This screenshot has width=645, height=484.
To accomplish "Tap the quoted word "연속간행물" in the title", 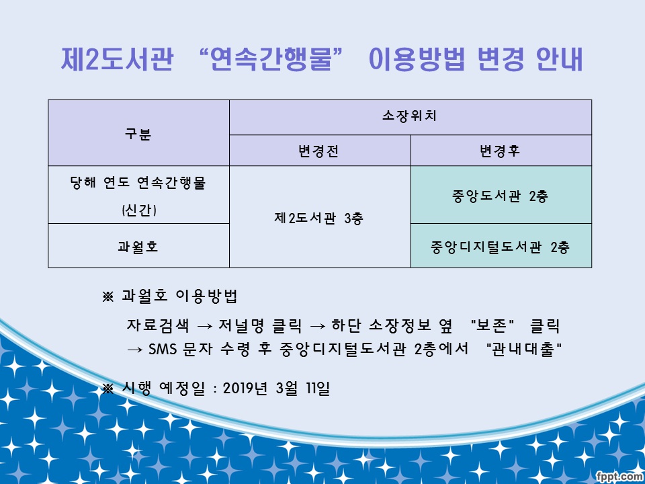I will tap(271, 61).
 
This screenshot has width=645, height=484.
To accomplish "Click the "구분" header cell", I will tap(138, 133).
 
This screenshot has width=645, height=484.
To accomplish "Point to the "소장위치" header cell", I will tap(410, 117).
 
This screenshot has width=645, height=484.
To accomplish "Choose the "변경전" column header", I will tap(319, 151).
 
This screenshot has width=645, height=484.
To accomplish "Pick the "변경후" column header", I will tap(501, 151).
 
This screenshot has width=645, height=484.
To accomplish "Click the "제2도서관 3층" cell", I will tap(319, 218).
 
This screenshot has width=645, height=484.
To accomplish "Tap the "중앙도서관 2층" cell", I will tap(501, 196).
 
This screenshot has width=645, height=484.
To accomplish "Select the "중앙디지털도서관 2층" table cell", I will tap(501, 247).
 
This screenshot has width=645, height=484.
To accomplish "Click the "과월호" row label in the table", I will tap(138, 247).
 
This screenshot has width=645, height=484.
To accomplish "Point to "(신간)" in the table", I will tap(138, 210).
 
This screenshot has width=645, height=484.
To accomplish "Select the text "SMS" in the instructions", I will tap(162, 350).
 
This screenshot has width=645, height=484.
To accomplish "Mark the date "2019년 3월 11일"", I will tap(275, 389).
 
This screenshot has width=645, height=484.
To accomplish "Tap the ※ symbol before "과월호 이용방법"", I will tap(107, 296).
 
